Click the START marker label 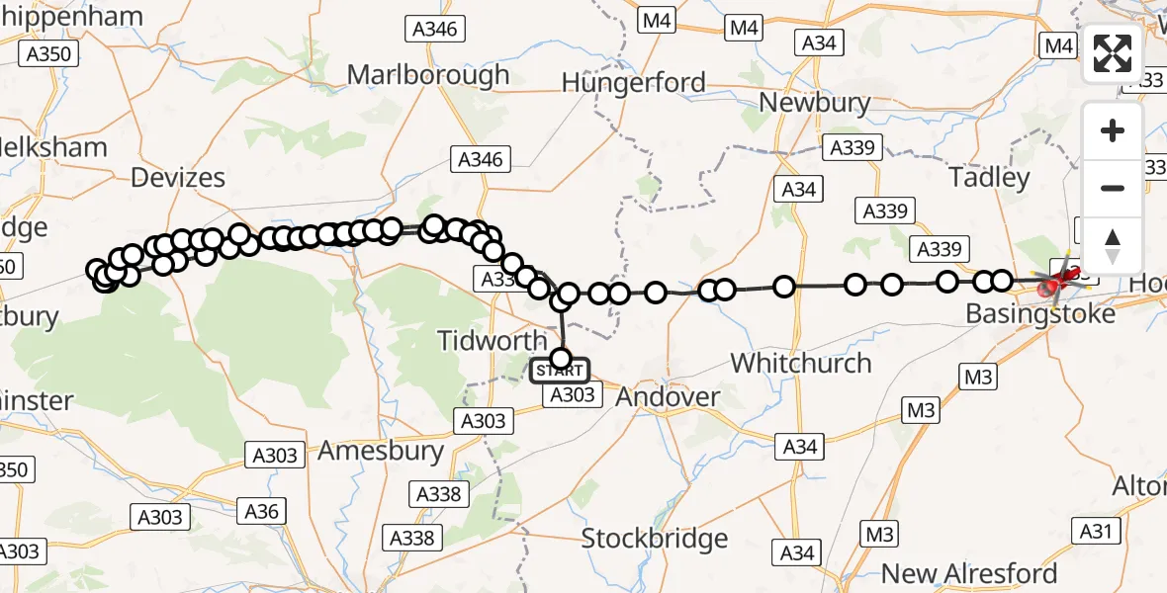tap(561, 372)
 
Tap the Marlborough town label tap(428, 75)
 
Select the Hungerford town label tap(634, 82)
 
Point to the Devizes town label tap(178, 178)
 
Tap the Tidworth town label tap(493, 341)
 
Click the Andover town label tap(668, 397)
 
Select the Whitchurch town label tap(801, 363)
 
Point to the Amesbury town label tap(381, 451)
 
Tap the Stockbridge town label tap(655, 539)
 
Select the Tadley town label tap(989, 178)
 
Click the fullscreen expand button tap(1113, 53)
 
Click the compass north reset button tap(1113, 244)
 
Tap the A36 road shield tap(261, 511)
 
